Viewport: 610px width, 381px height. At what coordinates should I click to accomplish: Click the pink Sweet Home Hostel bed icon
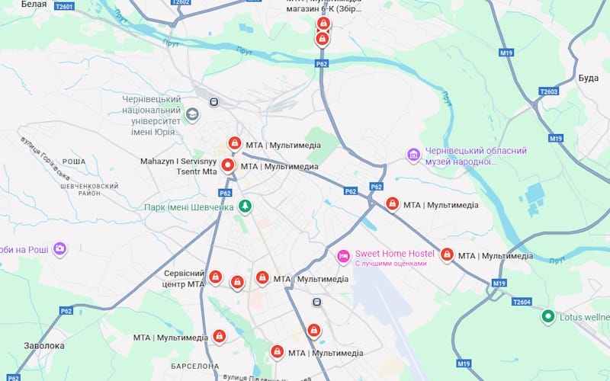click(x=343, y=255)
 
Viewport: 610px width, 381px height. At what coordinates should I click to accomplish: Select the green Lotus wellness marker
click(x=547, y=316)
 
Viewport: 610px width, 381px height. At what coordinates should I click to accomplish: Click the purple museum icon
click(x=414, y=155)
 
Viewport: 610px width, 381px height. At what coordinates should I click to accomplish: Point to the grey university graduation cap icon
click(x=192, y=115)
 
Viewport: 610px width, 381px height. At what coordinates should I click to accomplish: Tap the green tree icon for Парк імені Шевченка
click(x=245, y=207)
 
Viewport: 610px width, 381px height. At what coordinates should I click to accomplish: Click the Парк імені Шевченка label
click(x=189, y=207)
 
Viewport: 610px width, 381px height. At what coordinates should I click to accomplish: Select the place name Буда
click(x=588, y=78)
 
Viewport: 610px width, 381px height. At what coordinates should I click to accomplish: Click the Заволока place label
click(x=43, y=345)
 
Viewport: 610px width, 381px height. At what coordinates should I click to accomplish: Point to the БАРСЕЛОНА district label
click(x=195, y=367)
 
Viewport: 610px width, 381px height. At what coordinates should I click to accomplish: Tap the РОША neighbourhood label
click(x=74, y=162)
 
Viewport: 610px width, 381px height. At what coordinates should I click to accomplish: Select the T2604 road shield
click(x=522, y=302)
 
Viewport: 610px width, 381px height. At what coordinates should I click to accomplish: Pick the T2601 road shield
click(x=64, y=6)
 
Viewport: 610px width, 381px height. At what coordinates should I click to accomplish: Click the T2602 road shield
click(x=181, y=2)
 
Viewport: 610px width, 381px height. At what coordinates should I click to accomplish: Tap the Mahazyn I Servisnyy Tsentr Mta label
click(x=179, y=166)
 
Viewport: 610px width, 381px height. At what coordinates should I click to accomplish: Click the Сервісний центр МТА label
click(x=185, y=278)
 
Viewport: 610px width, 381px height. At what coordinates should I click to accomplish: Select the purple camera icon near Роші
click(x=59, y=248)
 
